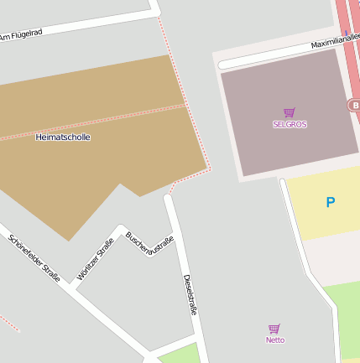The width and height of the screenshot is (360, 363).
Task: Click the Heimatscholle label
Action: coord(63,137)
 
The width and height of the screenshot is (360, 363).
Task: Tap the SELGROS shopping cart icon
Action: coord(290,112)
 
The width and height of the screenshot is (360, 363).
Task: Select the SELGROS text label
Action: coord(290,124)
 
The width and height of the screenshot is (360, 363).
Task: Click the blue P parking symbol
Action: coord(330,202)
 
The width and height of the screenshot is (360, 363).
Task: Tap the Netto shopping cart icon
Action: coord(274,329)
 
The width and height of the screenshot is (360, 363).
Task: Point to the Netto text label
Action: coord(274,340)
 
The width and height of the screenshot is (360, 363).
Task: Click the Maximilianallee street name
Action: coord(334,40)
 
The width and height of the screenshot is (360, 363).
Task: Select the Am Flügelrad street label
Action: coord(21,35)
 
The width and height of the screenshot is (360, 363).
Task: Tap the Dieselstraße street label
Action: coord(190,293)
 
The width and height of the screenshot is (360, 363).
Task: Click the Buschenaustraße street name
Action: coord(149,244)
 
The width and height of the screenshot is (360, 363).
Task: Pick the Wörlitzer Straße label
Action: coord(95,259)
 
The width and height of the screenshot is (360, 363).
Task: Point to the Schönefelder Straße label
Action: coord(34,257)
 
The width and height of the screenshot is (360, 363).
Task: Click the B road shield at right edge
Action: coord(353,105)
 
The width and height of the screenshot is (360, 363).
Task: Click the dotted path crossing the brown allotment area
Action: coord(92,122)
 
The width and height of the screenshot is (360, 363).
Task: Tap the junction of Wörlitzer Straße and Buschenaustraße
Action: coord(121,227)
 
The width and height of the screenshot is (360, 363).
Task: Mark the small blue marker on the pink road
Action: coord(346,34)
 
